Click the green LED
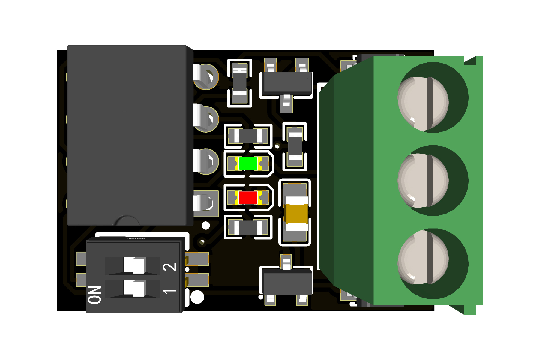(x=248, y=164)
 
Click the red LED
(x=248, y=198)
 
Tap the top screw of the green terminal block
(x=423, y=104)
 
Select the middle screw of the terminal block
(x=423, y=181)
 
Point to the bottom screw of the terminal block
(x=423, y=257)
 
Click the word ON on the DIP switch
(x=95, y=295)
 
